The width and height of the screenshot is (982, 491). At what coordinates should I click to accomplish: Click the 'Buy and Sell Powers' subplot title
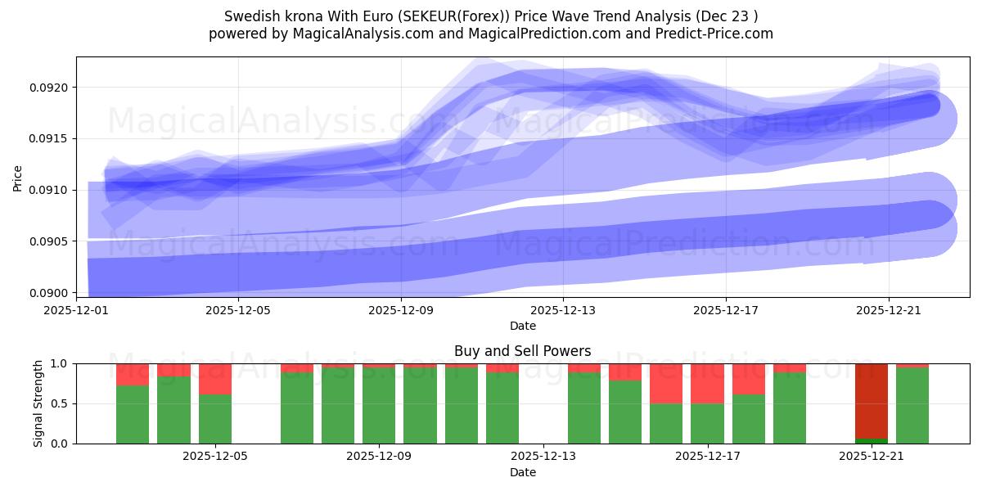pyautogui.click(x=522, y=351)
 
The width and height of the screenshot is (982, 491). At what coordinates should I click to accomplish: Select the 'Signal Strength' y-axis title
pyautogui.click(x=38, y=403)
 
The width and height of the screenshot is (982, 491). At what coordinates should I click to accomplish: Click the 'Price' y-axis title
pyautogui.click(x=18, y=177)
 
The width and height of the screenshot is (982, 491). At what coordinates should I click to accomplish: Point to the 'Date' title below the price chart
pyautogui.click(x=522, y=326)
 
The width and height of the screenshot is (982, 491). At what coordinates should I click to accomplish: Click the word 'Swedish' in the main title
pyautogui.click(x=249, y=16)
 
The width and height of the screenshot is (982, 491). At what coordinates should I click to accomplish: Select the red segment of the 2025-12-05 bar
pyautogui.click(x=215, y=378)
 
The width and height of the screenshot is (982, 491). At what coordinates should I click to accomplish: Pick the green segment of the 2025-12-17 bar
pyautogui.click(x=707, y=423)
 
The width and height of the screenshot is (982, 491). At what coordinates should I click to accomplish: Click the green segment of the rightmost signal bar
pyautogui.click(x=912, y=405)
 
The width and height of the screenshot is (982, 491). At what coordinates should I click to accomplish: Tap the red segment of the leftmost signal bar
pyautogui.click(x=133, y=374)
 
